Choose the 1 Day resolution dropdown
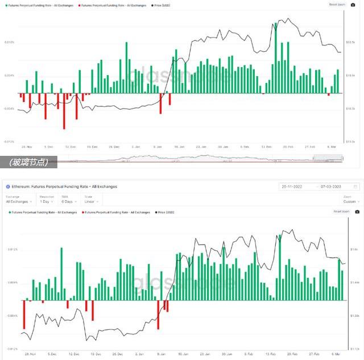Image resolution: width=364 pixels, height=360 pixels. tap(47, 201)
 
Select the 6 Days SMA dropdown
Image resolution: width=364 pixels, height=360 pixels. tap(70, 201)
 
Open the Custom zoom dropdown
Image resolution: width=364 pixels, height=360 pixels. tap(351, 201)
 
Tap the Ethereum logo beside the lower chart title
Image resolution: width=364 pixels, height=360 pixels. tap(7, 186)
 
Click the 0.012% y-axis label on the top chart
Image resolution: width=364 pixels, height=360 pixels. tap(10, 42)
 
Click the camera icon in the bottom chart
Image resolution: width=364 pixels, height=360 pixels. tap(356, 212)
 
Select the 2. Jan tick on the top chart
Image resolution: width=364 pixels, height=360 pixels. tap(136, 146)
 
